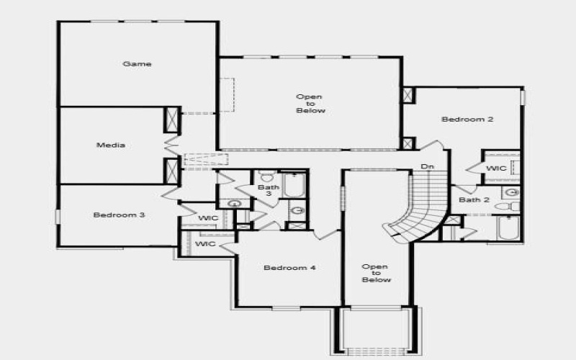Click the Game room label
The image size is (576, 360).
(x=137, y=64)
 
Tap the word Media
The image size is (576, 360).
(x=111, y=145)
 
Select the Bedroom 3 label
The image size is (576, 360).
(x=120, y=215)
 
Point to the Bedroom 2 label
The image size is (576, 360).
(x=467, y=120)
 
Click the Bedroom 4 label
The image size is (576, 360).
(x=289, y=269)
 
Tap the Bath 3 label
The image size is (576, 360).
(x=264, y=191)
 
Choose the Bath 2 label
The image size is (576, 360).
(x=474, y=200)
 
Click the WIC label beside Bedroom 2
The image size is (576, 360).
(x=497, y=168)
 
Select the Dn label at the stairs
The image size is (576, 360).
(x=428, y=167)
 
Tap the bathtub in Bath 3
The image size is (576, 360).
(x=294, y=185)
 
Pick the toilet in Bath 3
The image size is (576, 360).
(x=267, y=176)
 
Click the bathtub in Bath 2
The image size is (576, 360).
(x=508, y=228)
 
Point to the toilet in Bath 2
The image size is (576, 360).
(x=505, y=207)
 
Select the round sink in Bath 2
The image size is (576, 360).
(x=512, y=192)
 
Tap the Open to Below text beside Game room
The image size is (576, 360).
(x=311, y=104)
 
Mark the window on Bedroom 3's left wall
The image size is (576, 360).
(x=57, y=216)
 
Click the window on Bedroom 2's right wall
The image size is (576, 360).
(x=523, y=96)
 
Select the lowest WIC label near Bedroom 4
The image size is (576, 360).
(x=206, y=245)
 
